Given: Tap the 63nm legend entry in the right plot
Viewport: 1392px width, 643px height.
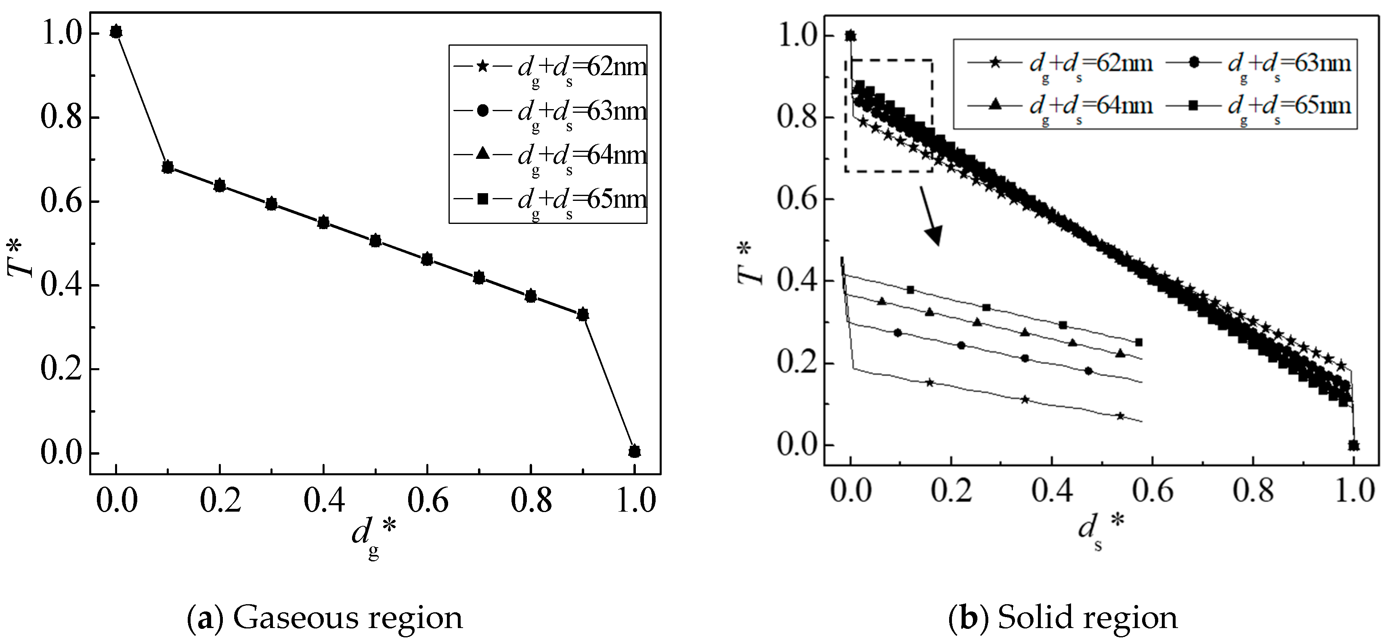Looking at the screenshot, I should [x=1259, y=64].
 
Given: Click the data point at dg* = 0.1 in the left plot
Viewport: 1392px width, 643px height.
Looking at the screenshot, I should [x=168, y=167].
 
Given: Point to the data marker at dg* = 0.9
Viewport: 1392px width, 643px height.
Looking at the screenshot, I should [x=583, y=314].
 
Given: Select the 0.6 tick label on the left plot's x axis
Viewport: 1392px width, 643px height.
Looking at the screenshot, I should [x=427, y=500].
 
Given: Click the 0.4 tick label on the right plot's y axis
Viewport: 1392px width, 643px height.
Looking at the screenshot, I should [x=797, y=282].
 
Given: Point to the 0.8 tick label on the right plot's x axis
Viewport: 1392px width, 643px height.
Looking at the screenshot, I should [x=1253, y=491].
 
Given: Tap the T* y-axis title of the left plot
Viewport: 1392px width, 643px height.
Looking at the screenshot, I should [x=21, y=259].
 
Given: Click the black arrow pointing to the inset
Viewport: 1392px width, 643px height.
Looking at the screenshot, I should [x=931, y=216].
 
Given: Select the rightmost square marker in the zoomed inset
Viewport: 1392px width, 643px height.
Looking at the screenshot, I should [x=1138, y=342].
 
